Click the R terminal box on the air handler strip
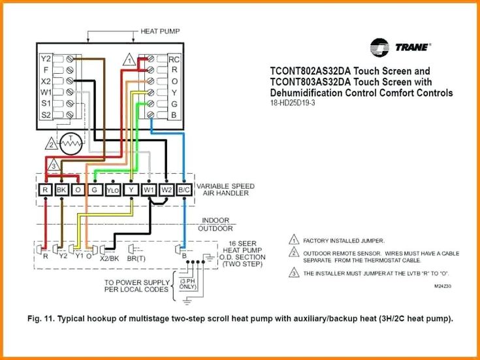point(45,190)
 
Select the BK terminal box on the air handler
point(62,190)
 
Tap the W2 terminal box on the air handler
point(167,190)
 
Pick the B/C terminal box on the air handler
point(185,190)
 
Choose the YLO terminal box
point(114,190)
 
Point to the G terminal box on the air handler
point(95,190)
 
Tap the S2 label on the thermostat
point(46,115)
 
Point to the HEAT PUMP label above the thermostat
point(160,31)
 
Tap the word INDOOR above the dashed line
point(216,220)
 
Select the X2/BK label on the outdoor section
point(108,258)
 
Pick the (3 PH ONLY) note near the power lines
point(187,284)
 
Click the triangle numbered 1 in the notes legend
point(293,240)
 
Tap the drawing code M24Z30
point(443,286)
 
